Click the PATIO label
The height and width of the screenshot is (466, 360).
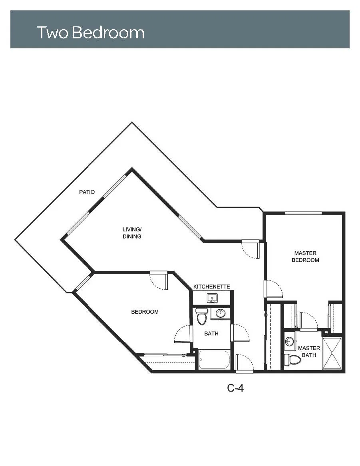(87, 192)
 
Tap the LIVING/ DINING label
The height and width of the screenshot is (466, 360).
(132, 233)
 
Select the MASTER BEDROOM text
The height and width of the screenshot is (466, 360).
(305, 257)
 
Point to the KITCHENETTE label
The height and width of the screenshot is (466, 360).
(212, 287)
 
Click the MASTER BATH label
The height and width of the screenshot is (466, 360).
(309, 352)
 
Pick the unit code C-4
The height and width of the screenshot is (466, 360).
(236, 388)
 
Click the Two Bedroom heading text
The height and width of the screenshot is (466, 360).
(91, 32)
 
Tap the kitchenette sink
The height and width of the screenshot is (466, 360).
(212, 298)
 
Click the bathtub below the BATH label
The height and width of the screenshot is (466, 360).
(214, 360)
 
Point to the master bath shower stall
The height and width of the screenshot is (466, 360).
(332, 353)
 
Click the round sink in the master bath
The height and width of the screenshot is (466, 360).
(289, 341)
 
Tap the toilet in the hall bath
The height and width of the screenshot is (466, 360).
(202, 316)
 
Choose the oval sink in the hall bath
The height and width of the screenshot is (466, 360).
(221, 313)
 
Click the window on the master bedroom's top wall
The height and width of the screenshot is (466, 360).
(303, 213)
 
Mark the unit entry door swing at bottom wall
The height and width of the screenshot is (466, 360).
(245, 363)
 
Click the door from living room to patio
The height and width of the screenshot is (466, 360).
(251, 249)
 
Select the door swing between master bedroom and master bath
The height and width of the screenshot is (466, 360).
(309, 321)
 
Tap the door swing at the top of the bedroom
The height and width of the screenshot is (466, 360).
(159, 280)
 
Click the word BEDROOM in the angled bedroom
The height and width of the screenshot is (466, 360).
(145, 312)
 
